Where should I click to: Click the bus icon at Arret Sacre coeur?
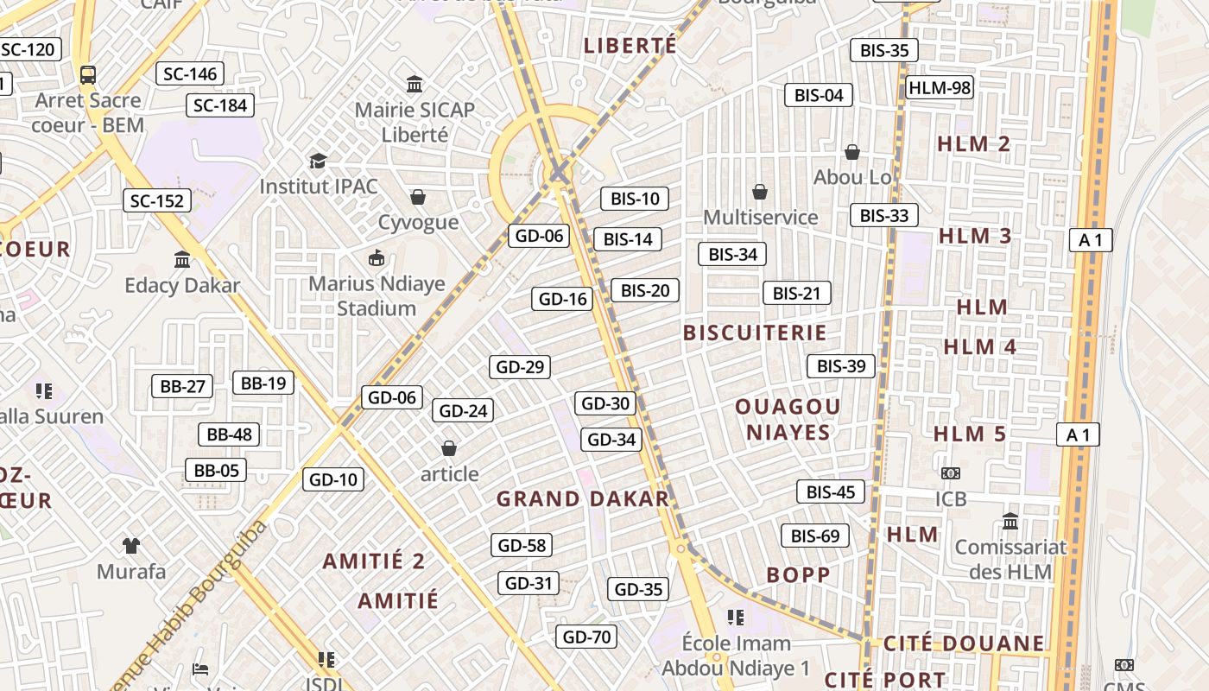[x=88, y=74]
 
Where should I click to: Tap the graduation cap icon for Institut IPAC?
[x=319, y=161]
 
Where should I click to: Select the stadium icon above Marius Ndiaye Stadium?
[x=377, y=257]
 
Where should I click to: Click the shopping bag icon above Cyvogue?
[x=418, y=197]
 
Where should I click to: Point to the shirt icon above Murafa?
[x=130, y=545]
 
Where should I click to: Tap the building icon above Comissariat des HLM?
[x=1010, y=521]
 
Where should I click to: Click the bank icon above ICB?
[x=950, y=473]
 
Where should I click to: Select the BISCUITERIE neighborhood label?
[x=755, y=333]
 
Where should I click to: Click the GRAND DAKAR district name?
[x=583, y=498]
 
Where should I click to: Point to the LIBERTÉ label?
[x=630, y=46]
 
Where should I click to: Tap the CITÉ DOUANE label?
[x=964, y=643]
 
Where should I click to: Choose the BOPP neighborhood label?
[x=798, y=575]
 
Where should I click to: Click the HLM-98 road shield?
[x=940, y=87]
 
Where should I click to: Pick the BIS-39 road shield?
[x=841, y=366]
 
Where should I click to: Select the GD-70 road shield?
[x=586, y=637]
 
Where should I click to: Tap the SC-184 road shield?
[x=220, y=105]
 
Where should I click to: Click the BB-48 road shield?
[x=229, y=434]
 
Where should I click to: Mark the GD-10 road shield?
[x=332, y=479]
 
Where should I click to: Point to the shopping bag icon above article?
[x=449, y=448]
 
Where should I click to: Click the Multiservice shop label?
[x=760, y=217]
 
